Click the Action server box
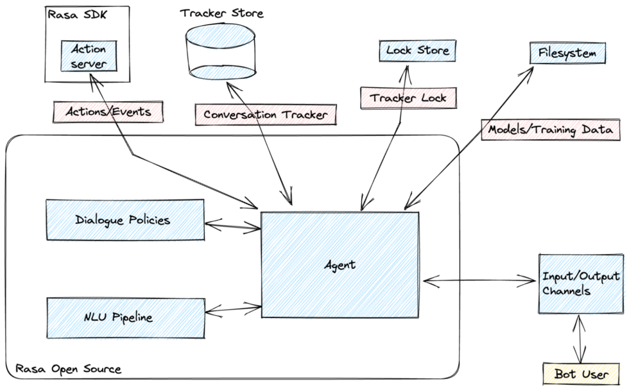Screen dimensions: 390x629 [89, 56]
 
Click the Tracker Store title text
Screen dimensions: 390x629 [221, 13]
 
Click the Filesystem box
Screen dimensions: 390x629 [567, 53]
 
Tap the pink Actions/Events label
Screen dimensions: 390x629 [108, 112]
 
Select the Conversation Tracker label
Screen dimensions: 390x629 [266, 115]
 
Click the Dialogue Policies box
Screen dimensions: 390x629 [125, 220]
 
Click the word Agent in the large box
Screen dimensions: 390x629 [340, 264]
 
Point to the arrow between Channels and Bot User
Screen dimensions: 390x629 [582, 339]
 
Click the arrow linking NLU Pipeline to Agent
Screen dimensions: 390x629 [232, 309]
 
